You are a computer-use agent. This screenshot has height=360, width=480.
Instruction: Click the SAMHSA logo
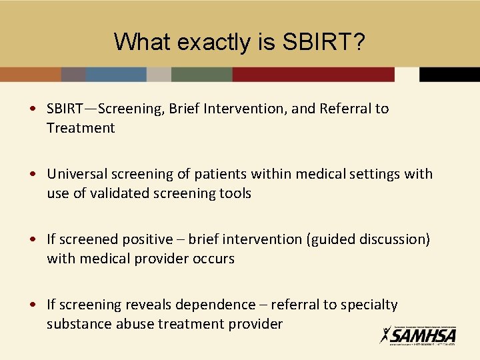coord(418,335)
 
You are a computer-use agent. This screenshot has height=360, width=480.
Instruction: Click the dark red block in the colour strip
coord(313,75)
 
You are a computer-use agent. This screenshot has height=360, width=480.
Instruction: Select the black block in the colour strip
coord(449,75)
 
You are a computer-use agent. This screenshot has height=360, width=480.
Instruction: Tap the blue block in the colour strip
coord(116,75)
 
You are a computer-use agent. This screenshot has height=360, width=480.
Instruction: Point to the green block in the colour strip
coord(201,75)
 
